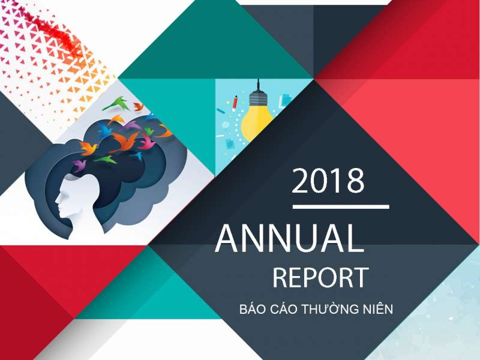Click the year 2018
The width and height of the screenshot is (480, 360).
tap(328, 181)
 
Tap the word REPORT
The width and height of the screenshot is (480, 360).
tap(320, 278)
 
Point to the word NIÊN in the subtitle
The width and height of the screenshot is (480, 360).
tap(376, 310)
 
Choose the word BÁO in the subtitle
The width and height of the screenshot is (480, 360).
tap(251, 310)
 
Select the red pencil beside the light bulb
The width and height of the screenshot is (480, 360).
tap(236, 98)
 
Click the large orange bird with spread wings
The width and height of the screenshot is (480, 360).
tap(124, 142)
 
